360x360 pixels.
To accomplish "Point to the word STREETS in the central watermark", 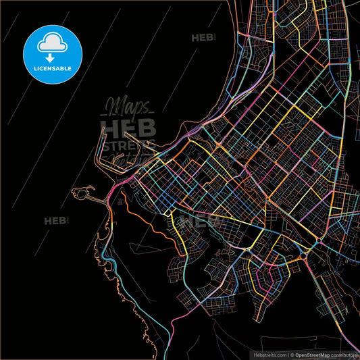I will coord(128,143).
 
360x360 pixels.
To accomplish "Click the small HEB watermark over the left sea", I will coord(57,221).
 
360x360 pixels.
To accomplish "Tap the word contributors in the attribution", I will coord(344,354).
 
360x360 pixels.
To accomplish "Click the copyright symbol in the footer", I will coord(290,354).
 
